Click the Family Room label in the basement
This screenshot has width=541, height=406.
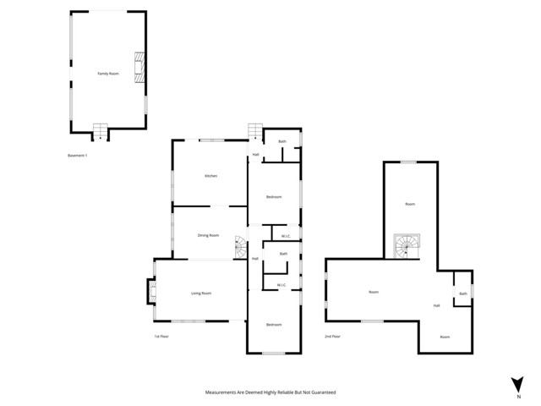(108, 74)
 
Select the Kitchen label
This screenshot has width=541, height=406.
(210, 176)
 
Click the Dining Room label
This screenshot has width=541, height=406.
(208, 235)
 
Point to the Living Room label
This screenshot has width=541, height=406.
(200, 293)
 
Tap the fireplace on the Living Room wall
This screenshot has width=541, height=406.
(152, 292)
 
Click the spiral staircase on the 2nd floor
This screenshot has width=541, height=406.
(407, 247)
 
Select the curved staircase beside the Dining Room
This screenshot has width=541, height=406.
(240, 248)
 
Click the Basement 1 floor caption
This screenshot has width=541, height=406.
(77, 156)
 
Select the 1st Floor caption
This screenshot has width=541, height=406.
(162, 337)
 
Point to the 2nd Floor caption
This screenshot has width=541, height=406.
(332, 337)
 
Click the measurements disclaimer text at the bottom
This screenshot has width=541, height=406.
(270, 392)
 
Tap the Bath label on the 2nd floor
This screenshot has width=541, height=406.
(462, 294)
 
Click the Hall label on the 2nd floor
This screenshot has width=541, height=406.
(437, 305)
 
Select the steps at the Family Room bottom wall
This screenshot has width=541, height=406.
(100, 132)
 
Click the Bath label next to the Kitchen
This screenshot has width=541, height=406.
(282, 141)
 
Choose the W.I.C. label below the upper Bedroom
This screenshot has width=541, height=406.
(285, 236)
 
